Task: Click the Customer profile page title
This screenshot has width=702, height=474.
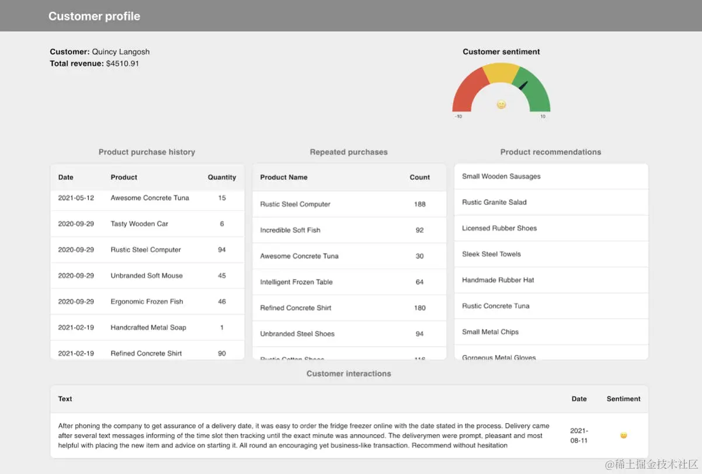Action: [94, 16]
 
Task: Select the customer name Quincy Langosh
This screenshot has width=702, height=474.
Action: [120, 52]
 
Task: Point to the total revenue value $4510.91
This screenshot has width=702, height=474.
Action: [123, 64]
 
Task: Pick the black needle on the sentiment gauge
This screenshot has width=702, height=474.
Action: [523, 85]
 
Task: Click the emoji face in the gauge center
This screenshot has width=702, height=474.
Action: [501, 104]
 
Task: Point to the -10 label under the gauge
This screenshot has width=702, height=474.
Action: [458, 117]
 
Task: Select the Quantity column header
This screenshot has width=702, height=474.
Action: [222, 177]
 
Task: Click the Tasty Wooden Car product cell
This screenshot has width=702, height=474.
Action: [139, 224]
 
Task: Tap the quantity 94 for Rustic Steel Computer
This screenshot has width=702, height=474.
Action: [222, 250]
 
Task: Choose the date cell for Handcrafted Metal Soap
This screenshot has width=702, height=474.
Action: [76, 327]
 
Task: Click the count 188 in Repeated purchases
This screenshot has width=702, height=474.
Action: [419, 204]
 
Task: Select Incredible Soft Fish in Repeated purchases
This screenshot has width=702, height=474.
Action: [290, 230]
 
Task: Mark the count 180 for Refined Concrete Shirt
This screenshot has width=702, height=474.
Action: [419, 308]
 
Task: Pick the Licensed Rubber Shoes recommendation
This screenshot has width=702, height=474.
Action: [499, 228]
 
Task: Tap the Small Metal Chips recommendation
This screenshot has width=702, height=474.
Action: [490, 332]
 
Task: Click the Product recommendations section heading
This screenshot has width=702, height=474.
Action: [550, 152]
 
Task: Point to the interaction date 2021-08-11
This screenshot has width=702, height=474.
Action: [579, 435]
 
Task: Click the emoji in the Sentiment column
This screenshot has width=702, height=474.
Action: [623, 435]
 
